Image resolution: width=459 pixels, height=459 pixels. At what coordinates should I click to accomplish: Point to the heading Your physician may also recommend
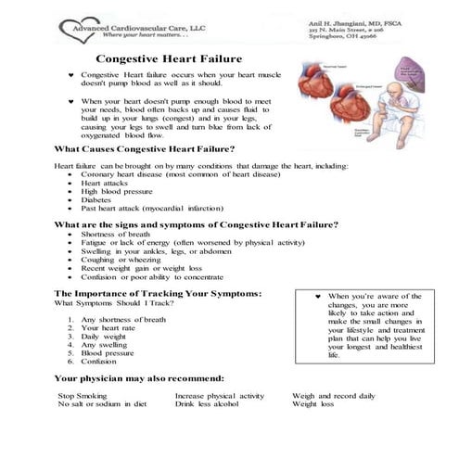click(x=139, y=378)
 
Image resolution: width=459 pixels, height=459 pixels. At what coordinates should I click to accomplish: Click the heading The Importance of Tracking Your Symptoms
click(x=158, y=293)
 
